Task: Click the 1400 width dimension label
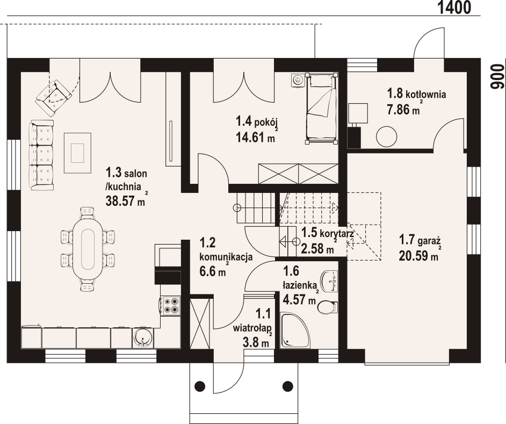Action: [454, 7]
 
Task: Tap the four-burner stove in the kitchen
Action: [171, 305]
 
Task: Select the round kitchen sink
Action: [143, 338]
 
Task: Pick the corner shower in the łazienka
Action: [295, 330]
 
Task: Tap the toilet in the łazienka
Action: [327, 307]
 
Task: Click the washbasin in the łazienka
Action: [329, 279]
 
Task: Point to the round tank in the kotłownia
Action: [386, 136]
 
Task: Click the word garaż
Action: [430, 241]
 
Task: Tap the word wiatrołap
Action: [252, 328]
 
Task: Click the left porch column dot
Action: [200, 385]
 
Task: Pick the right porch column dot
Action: [287, 385]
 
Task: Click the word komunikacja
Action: [226, 257]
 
